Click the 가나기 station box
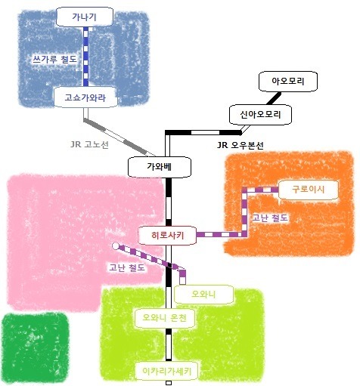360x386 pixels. coord(85,17)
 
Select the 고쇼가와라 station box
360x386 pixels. coord(85,97)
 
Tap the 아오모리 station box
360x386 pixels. coord(288,82)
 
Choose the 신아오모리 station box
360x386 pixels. coord(260,115)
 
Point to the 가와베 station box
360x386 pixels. coord(160,167)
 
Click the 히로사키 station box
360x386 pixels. coord(167,236)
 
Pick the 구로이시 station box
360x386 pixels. coord(308,190)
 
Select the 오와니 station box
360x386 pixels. coord(203,294)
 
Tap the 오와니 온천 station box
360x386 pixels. coord(165,318)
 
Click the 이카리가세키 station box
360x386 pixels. coord(166,371)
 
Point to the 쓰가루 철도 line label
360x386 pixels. coord(54,60)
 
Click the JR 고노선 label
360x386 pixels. coord(89,145)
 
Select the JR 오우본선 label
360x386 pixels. coord(241,145)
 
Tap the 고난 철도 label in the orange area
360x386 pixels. coord(270,218)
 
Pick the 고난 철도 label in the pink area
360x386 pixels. coord(127,267)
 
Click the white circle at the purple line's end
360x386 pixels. coord(116,246)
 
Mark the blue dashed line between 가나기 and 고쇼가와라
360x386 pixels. coord(85,57)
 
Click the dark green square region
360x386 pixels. coord(36,348)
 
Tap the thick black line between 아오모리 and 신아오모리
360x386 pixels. coord(274,98)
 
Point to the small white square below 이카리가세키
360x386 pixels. coord(169,383)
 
